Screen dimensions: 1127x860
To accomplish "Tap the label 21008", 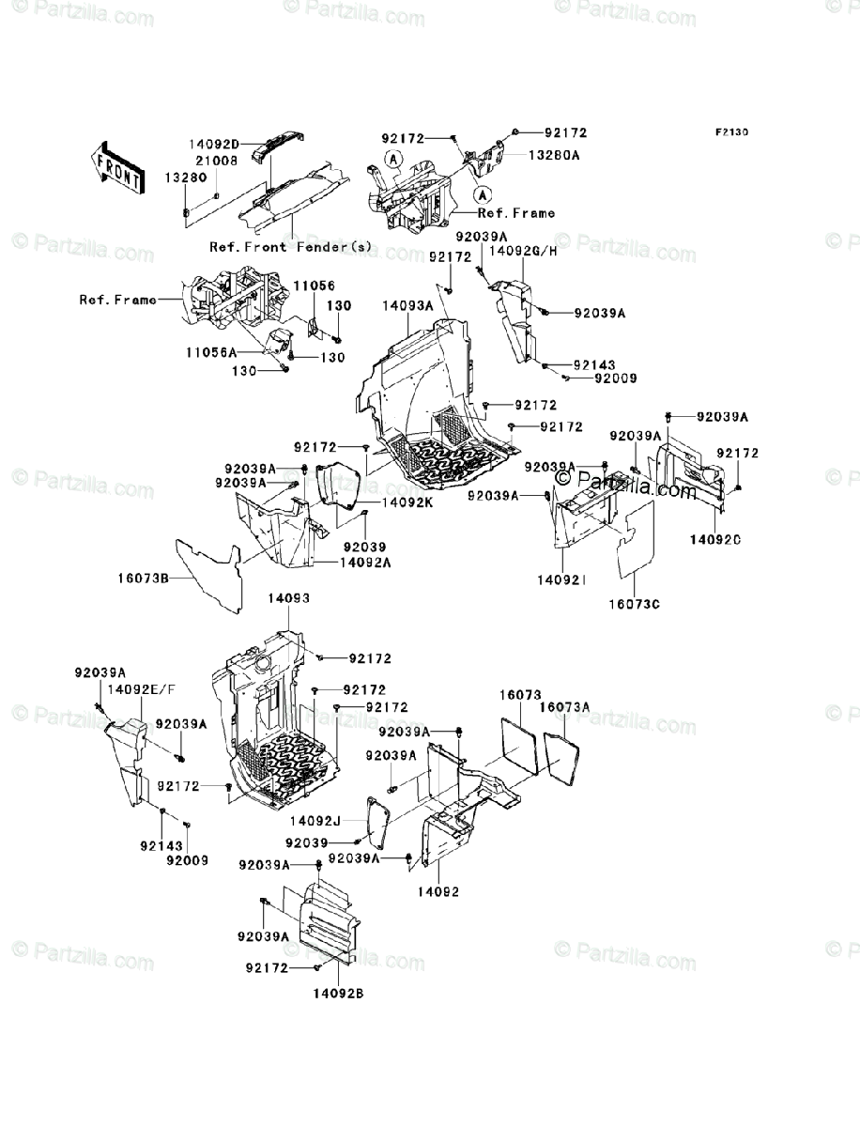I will pos(215,161).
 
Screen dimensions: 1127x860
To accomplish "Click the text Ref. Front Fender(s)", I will pos(291,247).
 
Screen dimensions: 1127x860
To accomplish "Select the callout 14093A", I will pos(407,305).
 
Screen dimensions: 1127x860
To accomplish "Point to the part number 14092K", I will pos(407,502).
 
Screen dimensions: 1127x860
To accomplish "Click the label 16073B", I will pos(149,579).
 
